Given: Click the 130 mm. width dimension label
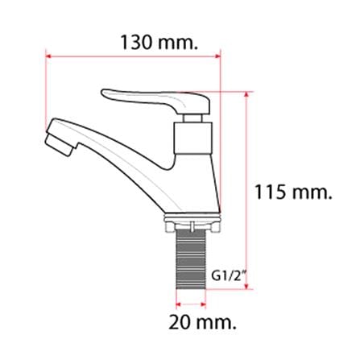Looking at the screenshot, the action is click(159, 43).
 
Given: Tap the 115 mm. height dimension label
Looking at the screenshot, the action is click(293, 192).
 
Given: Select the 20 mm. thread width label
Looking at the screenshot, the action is click(202, 322).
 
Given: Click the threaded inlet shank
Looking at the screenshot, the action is click(191, 259).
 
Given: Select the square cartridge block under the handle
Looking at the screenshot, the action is click(194, 139).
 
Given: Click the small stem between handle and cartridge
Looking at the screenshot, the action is click(192, 118).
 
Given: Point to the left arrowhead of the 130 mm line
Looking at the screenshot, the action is click(48, 56).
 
